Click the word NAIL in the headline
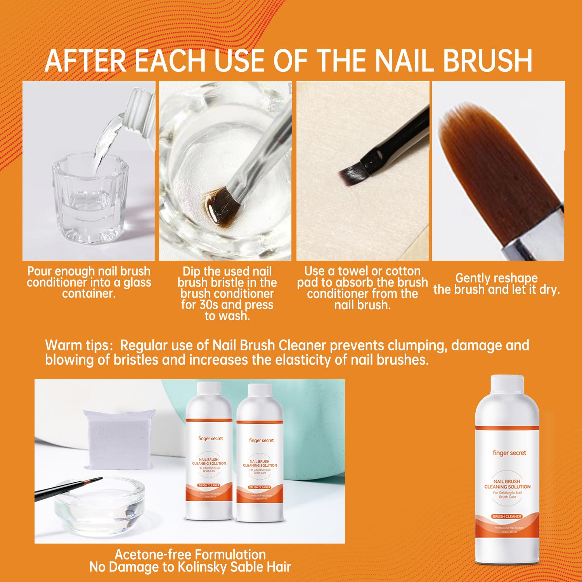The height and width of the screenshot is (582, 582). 405,61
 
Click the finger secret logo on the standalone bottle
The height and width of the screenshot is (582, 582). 509,453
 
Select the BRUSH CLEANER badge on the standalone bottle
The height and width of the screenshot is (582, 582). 507,516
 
